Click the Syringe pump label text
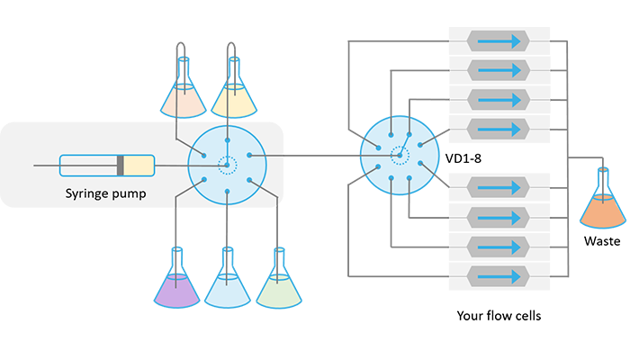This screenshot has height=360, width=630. click(106, 193)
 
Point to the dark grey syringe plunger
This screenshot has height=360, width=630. click(120, 166)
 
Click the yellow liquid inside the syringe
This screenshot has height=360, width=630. click(139, 166)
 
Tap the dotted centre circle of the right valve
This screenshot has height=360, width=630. click(398, 156)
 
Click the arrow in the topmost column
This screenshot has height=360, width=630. click(499, 40)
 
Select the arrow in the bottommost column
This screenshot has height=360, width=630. click(499, 275)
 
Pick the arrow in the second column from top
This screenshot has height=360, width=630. click(499, 69)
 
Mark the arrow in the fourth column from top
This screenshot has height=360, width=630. click(499, 128)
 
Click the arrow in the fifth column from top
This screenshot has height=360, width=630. click(499, 188)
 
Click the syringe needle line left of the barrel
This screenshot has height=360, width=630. click(45, 166)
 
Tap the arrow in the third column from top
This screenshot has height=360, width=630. click(499, 99)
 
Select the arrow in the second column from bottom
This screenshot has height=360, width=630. click(499, 247)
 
